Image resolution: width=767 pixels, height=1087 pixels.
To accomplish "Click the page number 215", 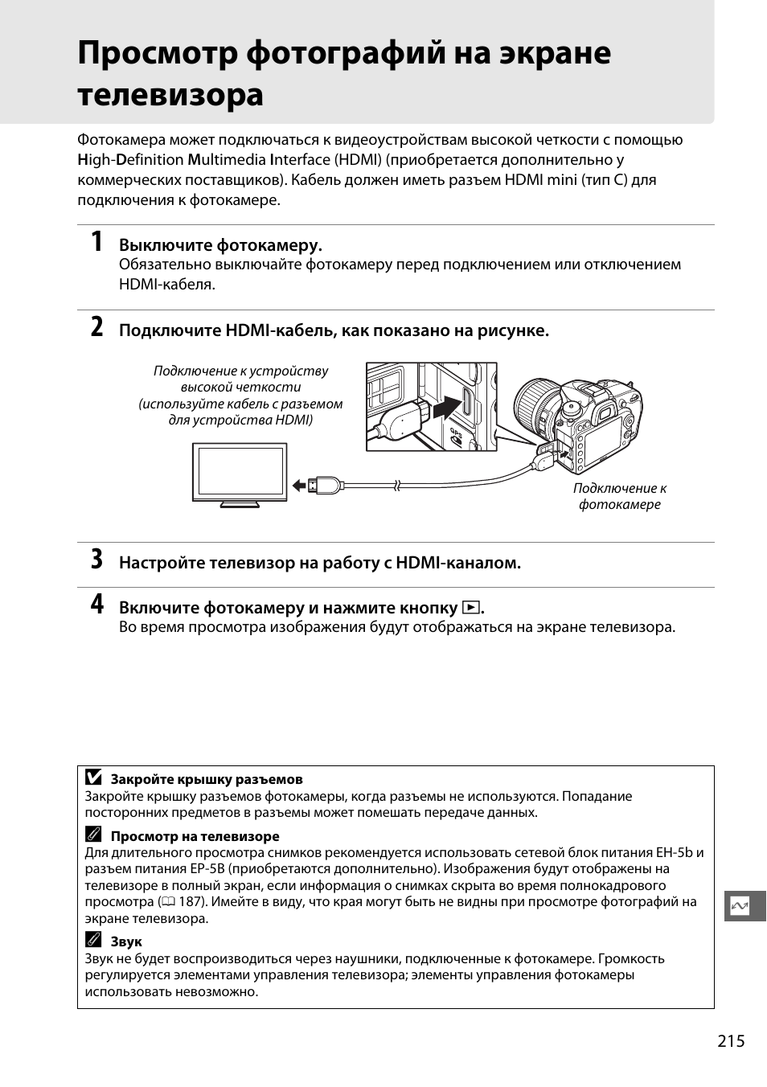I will point(731,1041).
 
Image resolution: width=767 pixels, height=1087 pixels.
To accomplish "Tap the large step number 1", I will point(96,241).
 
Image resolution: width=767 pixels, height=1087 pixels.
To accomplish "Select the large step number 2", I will point(96,327).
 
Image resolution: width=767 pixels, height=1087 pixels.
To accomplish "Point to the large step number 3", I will point(96,560).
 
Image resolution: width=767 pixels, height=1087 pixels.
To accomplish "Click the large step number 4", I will point(96,605).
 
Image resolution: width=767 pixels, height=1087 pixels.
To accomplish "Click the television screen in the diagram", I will point(240,472).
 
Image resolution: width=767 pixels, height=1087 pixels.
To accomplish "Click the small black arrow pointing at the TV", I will point(299,485).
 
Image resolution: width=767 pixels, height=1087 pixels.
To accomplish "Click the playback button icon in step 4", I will point(471,608).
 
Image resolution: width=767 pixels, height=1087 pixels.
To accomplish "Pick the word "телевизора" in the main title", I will point(170,95).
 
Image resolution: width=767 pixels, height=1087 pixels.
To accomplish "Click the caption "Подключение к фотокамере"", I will point(619,496).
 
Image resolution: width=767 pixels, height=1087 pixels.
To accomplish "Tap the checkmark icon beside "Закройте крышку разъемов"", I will point(93,778).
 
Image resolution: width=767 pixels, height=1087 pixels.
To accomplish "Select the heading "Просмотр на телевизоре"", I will point(195,836).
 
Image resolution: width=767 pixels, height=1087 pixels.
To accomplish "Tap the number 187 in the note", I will point(191,901).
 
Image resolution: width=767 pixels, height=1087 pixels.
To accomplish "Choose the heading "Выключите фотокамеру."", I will point(220,244).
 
